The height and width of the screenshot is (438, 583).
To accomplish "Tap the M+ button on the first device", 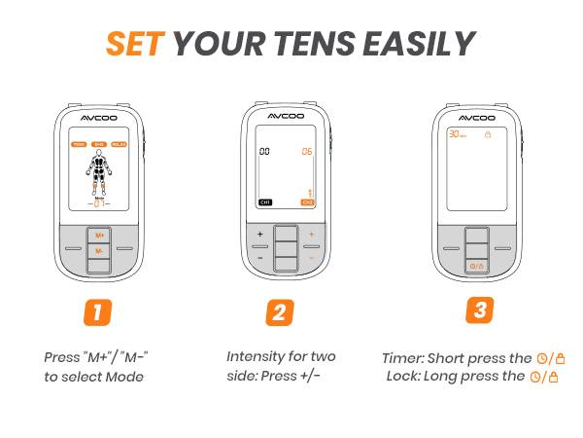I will (97, 236).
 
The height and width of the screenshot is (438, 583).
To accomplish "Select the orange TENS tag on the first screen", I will (78, 144).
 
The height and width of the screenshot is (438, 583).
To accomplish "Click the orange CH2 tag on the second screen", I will (307, 202).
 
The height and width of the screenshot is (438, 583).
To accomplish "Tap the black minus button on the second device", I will (259, 257).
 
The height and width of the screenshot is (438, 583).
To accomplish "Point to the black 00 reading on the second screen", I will (263, 152).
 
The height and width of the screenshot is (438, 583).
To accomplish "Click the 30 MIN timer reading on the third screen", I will (457, 134).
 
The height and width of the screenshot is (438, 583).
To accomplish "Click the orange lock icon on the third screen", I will (489, 134).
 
